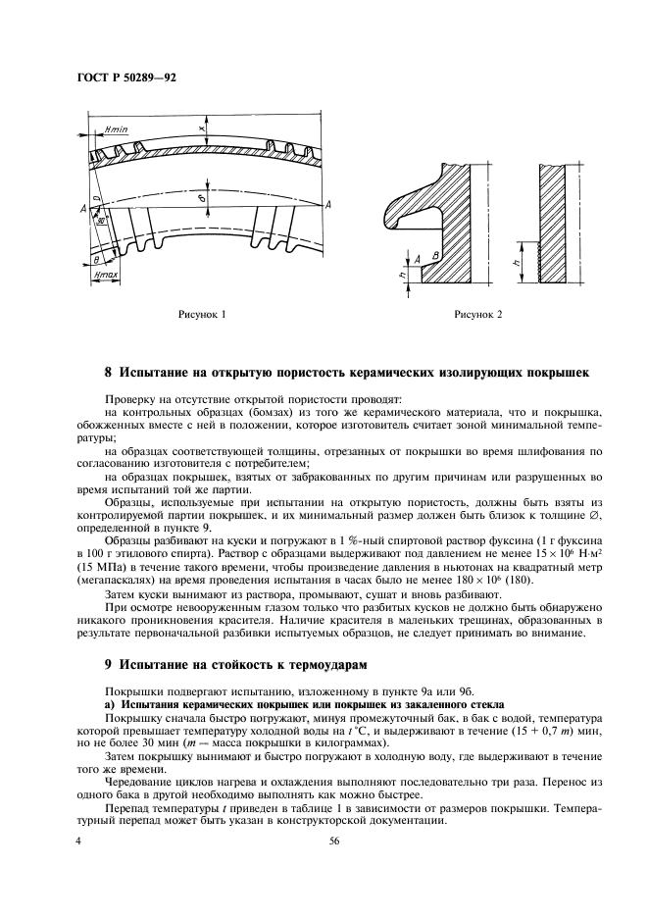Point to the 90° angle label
click(101, 222)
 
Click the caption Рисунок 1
click(201, 315)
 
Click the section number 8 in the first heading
click(108, 374)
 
